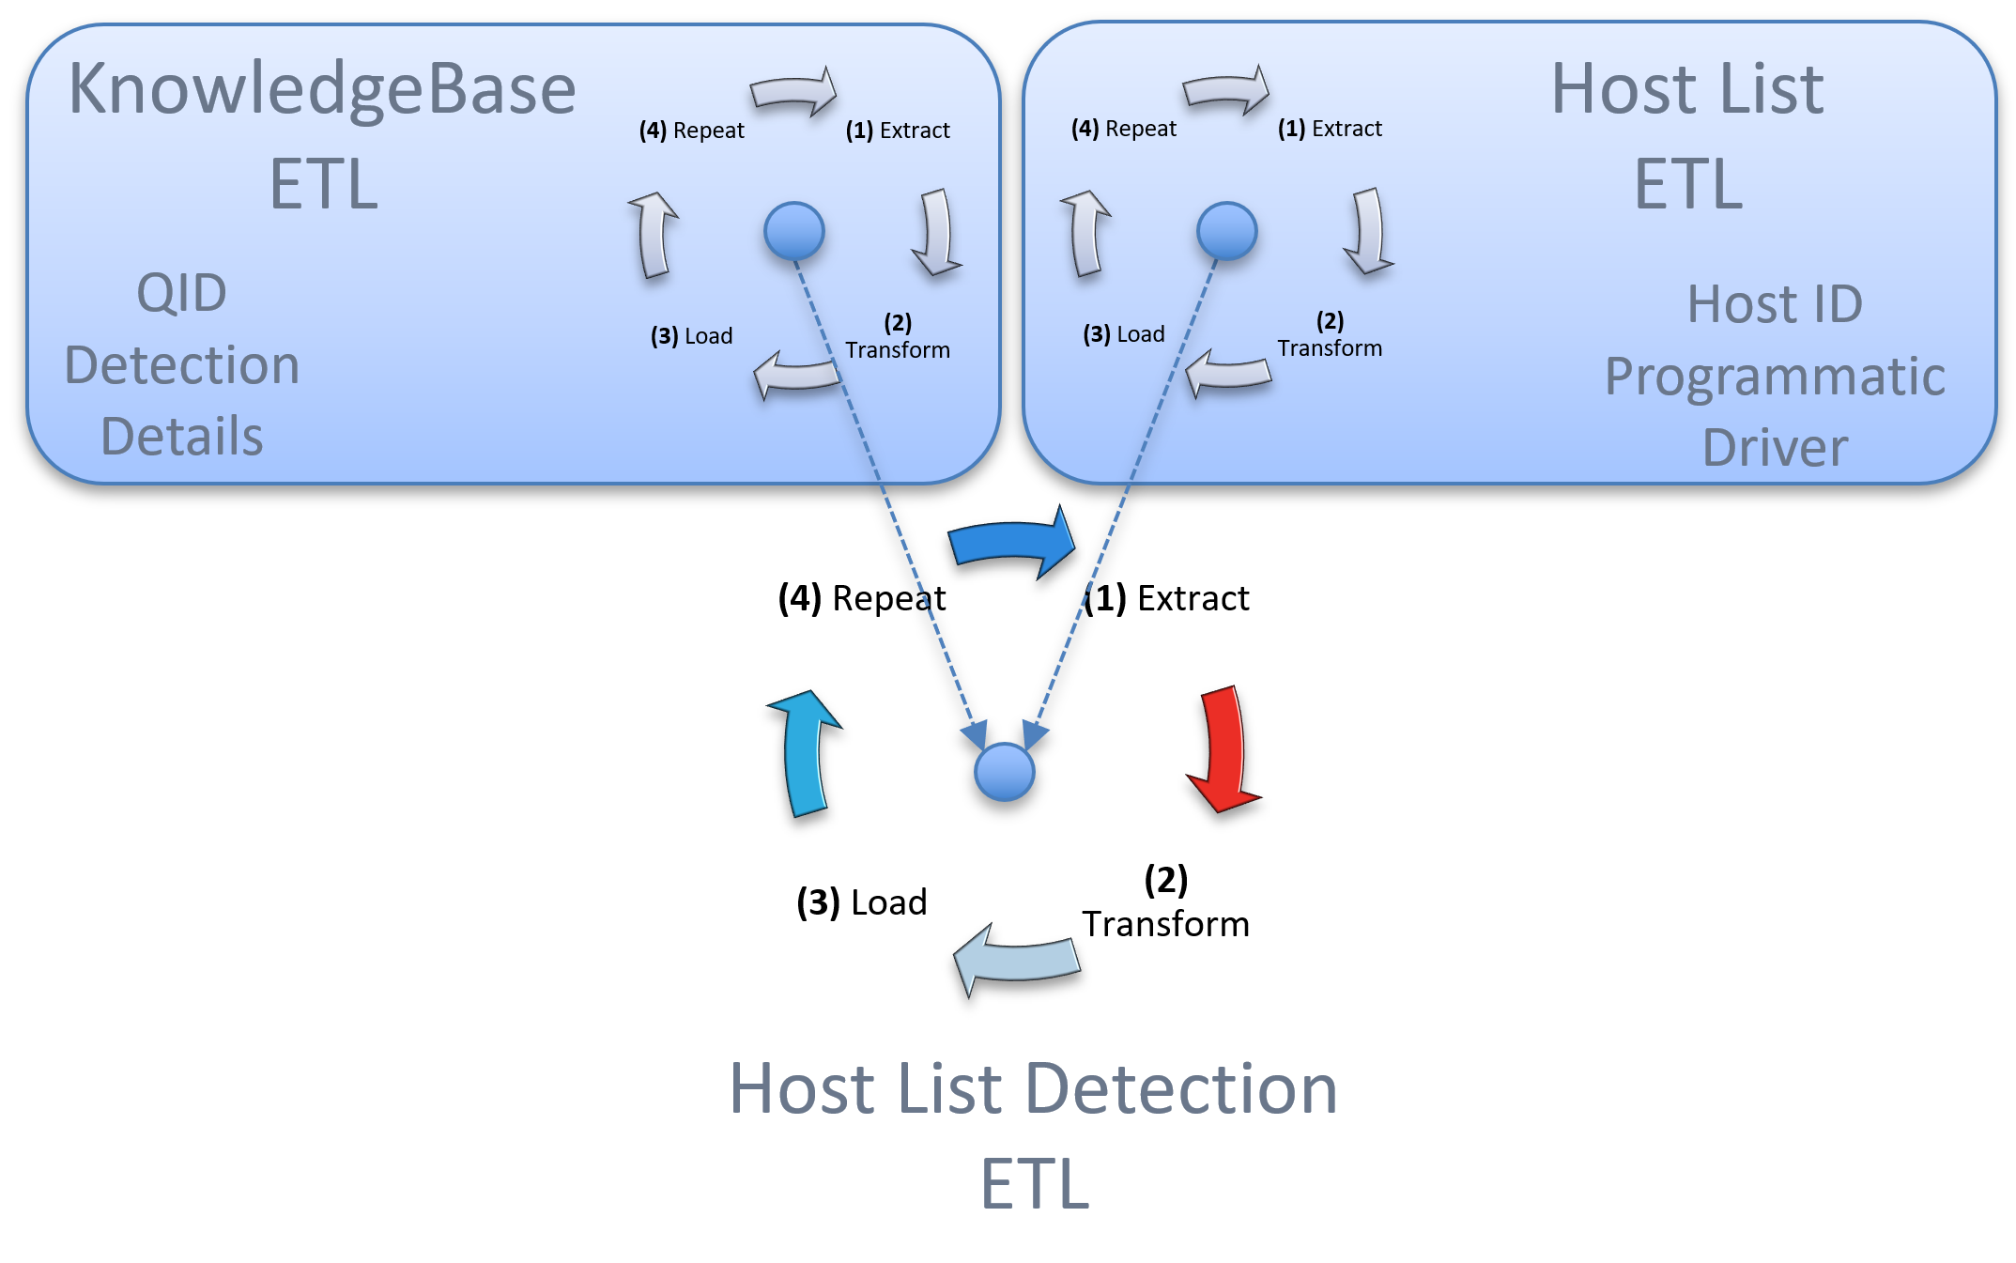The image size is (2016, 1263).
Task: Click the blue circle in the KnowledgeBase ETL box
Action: (793, 231)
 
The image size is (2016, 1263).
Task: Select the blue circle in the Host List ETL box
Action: (1226, 231)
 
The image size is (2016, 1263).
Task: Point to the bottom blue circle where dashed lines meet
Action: (1004, 772)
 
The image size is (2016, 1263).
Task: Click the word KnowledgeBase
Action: (322, 89)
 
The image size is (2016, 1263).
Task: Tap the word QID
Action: (181, 293)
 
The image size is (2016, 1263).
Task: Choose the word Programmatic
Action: (1775, 377)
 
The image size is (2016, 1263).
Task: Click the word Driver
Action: (1775, 448)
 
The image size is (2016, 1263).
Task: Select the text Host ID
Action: (1775, 304)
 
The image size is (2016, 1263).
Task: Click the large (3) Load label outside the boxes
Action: (861, 902)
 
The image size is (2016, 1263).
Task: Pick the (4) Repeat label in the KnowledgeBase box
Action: (691, 131)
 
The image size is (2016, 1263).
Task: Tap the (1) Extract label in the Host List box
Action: (1330, 129)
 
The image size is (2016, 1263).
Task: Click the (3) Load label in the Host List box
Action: (1123, 334)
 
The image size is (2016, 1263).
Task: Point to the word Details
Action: (181, 437)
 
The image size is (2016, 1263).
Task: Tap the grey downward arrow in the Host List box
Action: (1369, 231)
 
